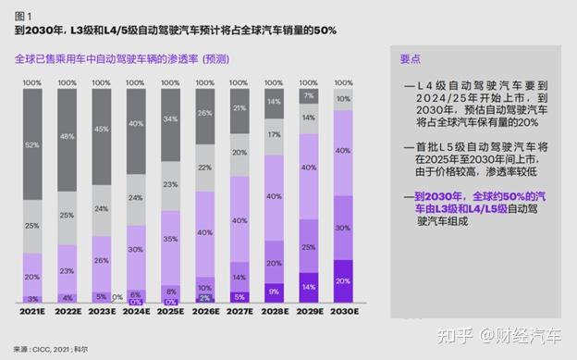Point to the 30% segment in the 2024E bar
coord(136,250)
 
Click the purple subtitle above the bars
coord(121,58)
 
